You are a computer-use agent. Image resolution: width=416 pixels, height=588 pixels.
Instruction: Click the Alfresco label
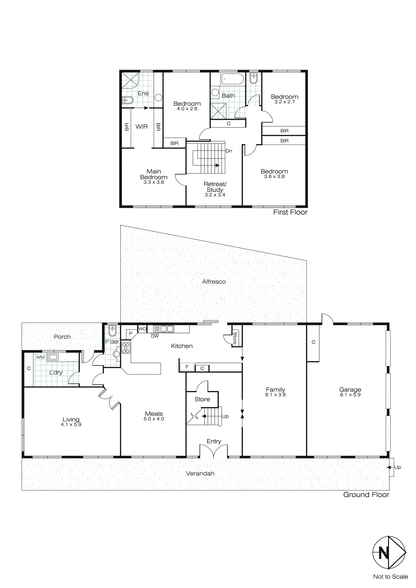pos(214,282)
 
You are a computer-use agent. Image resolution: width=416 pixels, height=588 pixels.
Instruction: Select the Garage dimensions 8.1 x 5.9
pos(350,395)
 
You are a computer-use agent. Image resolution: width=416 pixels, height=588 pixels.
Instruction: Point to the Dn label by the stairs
pos(229,151)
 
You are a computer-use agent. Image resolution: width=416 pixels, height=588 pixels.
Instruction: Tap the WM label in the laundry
pos(40,357)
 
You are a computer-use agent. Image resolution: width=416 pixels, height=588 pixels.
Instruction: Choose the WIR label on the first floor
pos(141,127)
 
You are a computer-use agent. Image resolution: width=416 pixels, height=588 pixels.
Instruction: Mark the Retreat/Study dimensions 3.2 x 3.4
pos(215,195)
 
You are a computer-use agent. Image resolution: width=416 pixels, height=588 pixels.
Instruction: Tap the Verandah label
pos(200,474)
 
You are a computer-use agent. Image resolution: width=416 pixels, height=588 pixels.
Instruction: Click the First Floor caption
pos(290,212)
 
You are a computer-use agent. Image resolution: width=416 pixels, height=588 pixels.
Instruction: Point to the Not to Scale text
pos(390,577)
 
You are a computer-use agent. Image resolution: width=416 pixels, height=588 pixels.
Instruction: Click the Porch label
pos(62,337)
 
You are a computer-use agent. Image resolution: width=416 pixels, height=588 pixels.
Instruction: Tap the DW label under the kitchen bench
pos(155,336)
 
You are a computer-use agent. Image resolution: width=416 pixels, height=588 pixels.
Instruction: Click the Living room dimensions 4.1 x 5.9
pos(71,425)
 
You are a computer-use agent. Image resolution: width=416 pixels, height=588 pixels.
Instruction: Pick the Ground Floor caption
pos(366,495)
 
